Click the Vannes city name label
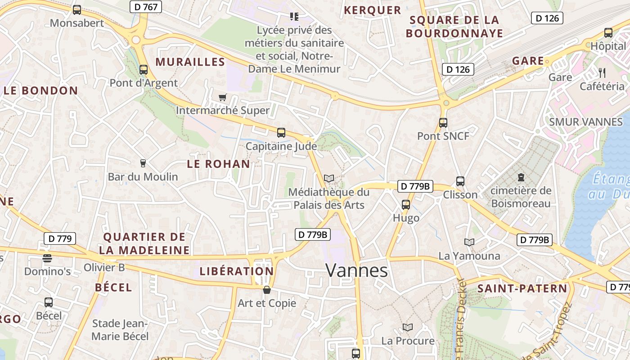[x=356, y=270]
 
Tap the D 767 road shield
[x=146, y=7]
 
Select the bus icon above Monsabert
[x=77, y=9]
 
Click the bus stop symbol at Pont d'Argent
[x=144, y=70]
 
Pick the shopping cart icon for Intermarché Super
[x=222, y=97]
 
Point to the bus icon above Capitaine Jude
[x=281, y=132]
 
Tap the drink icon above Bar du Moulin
[x=143, y=163]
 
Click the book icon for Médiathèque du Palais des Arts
[x=329, y=179]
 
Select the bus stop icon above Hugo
[x=406, y=205]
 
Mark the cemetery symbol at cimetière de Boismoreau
[x=521, y=177]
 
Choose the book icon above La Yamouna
[x=469, y=243]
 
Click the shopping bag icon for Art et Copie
[x=267, y=290]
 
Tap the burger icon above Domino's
[x=47, y=258]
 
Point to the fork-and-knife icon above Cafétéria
[x=603, y=72]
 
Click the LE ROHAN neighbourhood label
[x=218, y=164]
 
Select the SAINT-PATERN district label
[x=522, y=288]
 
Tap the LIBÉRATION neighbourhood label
[x=236, y=271]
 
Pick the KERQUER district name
[x=372, y=10]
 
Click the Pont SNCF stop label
[x=443, y=136]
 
